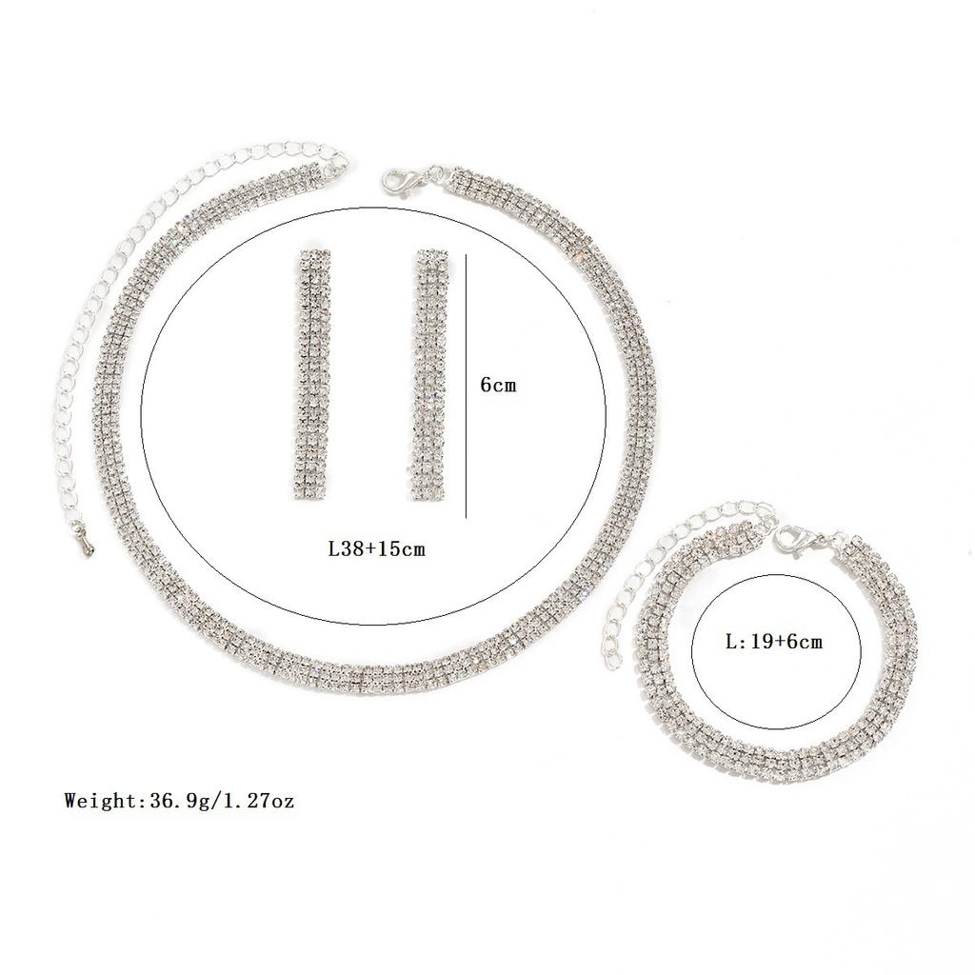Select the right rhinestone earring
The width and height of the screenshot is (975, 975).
click(428, 375)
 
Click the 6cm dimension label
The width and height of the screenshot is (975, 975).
click(498, 387)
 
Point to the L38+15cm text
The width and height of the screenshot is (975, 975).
click(376, 548)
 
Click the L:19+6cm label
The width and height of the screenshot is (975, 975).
click(773, 642)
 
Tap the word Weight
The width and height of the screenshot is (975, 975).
click(101, 801)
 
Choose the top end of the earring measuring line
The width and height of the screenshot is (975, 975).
click(467, 255)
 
